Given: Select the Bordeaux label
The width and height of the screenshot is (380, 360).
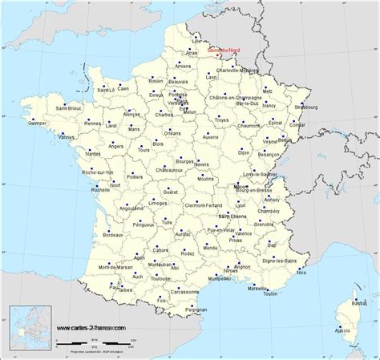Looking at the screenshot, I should click(x=113, y=234).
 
